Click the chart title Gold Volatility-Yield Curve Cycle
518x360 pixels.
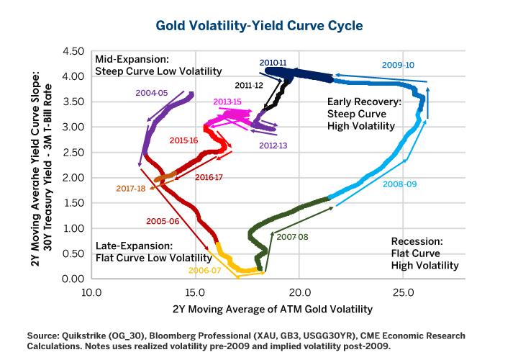259,25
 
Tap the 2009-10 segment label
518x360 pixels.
397,65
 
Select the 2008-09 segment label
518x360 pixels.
399,184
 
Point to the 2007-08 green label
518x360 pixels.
293,236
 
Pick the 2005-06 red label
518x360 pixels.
163,221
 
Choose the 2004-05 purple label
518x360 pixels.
151,93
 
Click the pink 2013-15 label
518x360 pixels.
227,102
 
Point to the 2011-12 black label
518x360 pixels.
249,86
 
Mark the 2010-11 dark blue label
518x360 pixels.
273,63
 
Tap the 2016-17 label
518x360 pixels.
209,177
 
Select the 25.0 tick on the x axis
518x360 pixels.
402,293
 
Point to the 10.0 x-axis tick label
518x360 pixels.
91,293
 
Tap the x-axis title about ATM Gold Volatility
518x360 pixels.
273,310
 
